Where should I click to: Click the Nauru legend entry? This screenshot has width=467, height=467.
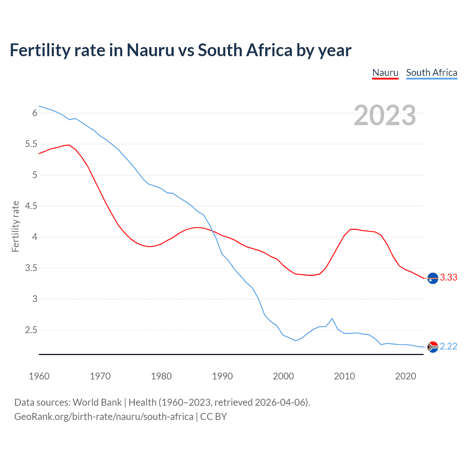pyautogui.click(x=385, y=73)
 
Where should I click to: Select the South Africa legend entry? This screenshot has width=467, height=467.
pyautogui.click(x=431, y=73)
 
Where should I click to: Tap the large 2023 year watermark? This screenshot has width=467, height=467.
pyautogui.click(x=385, y=115)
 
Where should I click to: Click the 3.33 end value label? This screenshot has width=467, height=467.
pyautogui.click(x=448, y=278)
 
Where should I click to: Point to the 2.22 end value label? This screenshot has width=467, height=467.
pyautogui.click(x=448, y=346)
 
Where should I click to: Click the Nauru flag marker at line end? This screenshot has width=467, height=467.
pyautogui.click(x=433, y=278)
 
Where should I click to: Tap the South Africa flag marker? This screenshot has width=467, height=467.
pyautogui.click(x=433, y=347)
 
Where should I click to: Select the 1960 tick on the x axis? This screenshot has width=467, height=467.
pyautogui.click(x=39, y=376)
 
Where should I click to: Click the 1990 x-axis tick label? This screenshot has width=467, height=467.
pyautogui.click(x=222, y=376)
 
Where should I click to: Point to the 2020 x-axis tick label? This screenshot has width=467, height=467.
pyautogui.click(x=405, y=376)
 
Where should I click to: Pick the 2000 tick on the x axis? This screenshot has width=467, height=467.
pyautogui.click(x=283, y=376)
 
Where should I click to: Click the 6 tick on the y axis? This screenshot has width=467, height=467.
pyautogui.click(x=35, y=113)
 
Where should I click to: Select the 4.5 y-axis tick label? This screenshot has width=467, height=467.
pyautogui.click(x=31, y=206)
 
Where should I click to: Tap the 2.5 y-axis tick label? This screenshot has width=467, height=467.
pyautogui.click(x=31, y=330)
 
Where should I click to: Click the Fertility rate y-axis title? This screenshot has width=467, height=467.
pyautogui.click(x=15, y=226)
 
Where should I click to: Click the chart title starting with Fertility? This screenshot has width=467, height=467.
pyautogui.click(x=180, y=50)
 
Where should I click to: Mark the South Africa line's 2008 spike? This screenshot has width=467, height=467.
pyautogui.click(x=332, y=319)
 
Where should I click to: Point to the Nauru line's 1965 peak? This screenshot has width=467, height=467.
pyautogui.click(x=69, y=145)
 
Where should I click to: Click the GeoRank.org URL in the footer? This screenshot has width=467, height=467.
pyautogui.click(x=104, y=417)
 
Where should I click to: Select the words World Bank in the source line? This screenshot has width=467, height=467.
pyautogui.click(x=97, y=402)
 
